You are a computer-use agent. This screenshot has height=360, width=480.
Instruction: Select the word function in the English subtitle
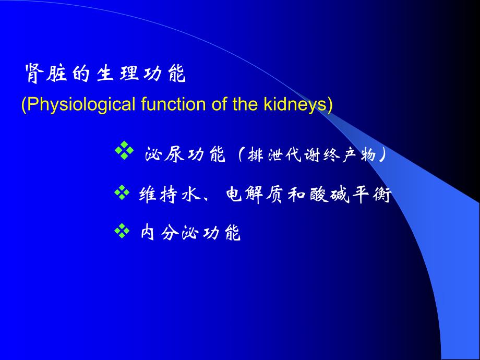170,104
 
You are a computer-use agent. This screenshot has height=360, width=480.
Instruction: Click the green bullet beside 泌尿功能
124,153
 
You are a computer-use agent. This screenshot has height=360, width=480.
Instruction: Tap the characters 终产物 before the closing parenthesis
350,155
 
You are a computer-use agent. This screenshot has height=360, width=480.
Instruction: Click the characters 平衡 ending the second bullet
371,195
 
